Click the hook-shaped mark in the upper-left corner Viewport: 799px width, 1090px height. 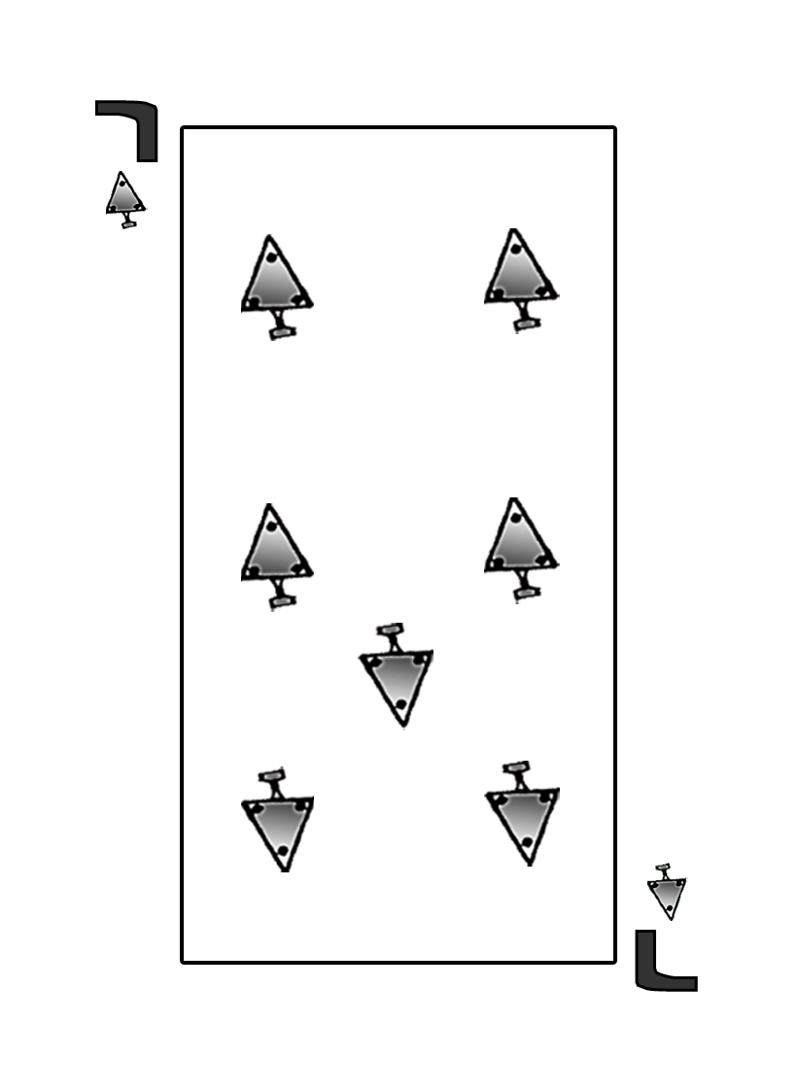(127, 131)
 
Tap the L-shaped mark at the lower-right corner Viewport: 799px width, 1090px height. (666, 960)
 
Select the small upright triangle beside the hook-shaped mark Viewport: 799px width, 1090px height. (125, 199)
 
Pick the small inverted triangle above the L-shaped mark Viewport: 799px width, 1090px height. (667, 892)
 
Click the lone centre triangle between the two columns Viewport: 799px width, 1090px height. (397, 675)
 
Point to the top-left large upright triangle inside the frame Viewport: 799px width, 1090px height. (277, 288)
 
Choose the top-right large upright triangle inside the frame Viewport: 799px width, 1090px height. (522, 280)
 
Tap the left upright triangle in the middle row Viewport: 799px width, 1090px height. (277, 557)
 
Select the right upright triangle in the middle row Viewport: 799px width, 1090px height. (522, 550)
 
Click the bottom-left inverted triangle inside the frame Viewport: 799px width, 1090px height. (278, 820)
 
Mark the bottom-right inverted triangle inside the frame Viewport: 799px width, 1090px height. (522, 814)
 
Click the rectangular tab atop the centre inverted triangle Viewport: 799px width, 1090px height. (390, 629)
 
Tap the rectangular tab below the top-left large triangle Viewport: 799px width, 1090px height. (283, 333)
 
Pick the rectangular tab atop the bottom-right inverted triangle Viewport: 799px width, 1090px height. (517, 767)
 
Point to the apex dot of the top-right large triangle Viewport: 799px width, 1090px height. (516, 249)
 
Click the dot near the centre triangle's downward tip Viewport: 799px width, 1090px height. (400, 705)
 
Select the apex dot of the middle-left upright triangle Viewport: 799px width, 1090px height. (272, 527)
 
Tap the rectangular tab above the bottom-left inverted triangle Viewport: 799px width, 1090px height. (272, 774)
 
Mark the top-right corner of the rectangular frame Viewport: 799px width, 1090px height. (614, 127)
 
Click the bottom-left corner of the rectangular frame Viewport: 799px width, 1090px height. (182, 962)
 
